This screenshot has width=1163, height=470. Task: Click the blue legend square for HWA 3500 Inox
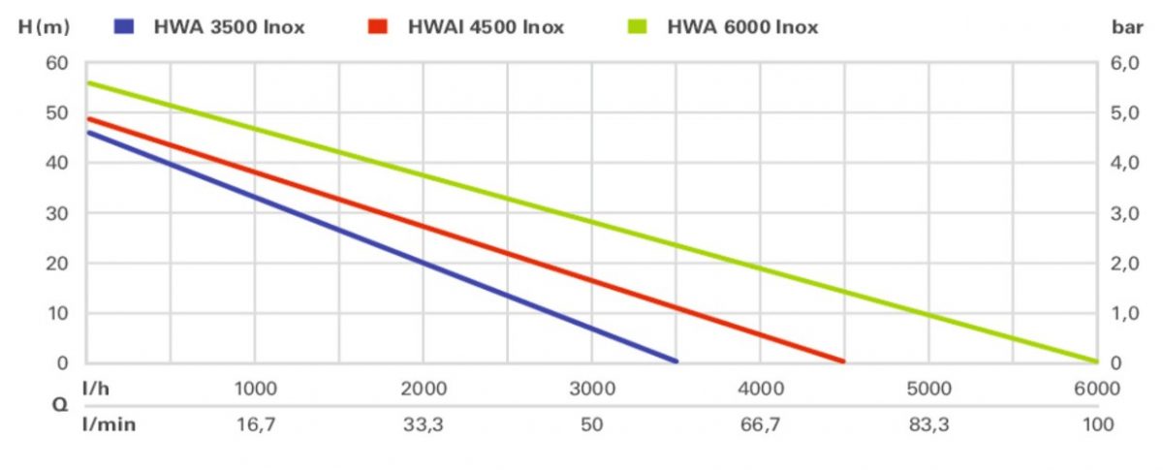point(125,27)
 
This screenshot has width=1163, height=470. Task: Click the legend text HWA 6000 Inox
point(741,27)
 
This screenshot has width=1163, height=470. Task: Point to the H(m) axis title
point(44,27)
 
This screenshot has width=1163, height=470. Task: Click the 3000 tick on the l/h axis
point(592,390)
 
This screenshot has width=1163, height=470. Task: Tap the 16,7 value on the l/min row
point(256,423)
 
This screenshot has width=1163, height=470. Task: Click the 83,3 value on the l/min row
point(927,423)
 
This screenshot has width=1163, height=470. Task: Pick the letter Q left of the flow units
point(58,407)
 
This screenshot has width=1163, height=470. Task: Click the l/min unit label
point(108,423)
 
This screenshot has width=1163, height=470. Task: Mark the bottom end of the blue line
point(676,360)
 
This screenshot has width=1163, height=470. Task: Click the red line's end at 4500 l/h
point(842,360)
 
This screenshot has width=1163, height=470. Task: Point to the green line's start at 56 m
point(89,83)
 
